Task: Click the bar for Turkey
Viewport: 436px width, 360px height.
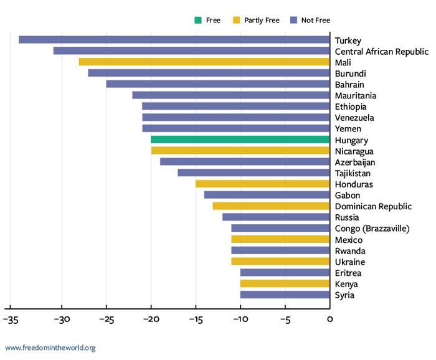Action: [x=174, y=40]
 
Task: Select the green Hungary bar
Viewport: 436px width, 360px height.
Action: [x=240, y=140]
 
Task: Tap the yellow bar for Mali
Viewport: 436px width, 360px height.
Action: [x=204, y=62]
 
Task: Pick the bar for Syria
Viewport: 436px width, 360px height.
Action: [x=285, y=295]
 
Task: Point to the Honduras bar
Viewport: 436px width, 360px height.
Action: [x=263, y=184]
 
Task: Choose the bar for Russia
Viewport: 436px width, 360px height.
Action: [x=276, y=217]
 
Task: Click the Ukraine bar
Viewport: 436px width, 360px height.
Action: [x=280, y=262]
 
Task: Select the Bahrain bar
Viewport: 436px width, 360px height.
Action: [x=218, y=84]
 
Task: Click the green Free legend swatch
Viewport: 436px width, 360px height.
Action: [x=197, y=21]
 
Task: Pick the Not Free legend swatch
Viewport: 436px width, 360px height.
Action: [x=293, y=21]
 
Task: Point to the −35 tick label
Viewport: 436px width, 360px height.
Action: [x=11, y=320]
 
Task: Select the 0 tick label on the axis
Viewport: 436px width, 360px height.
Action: [x=329, y=320]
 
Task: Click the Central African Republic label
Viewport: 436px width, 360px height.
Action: [x=381, y=52]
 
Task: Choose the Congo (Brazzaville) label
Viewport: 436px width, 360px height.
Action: [x=372, y=229]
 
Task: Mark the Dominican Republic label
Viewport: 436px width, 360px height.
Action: [x=373, y=206]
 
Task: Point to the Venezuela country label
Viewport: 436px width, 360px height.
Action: [x=354, y=118]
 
